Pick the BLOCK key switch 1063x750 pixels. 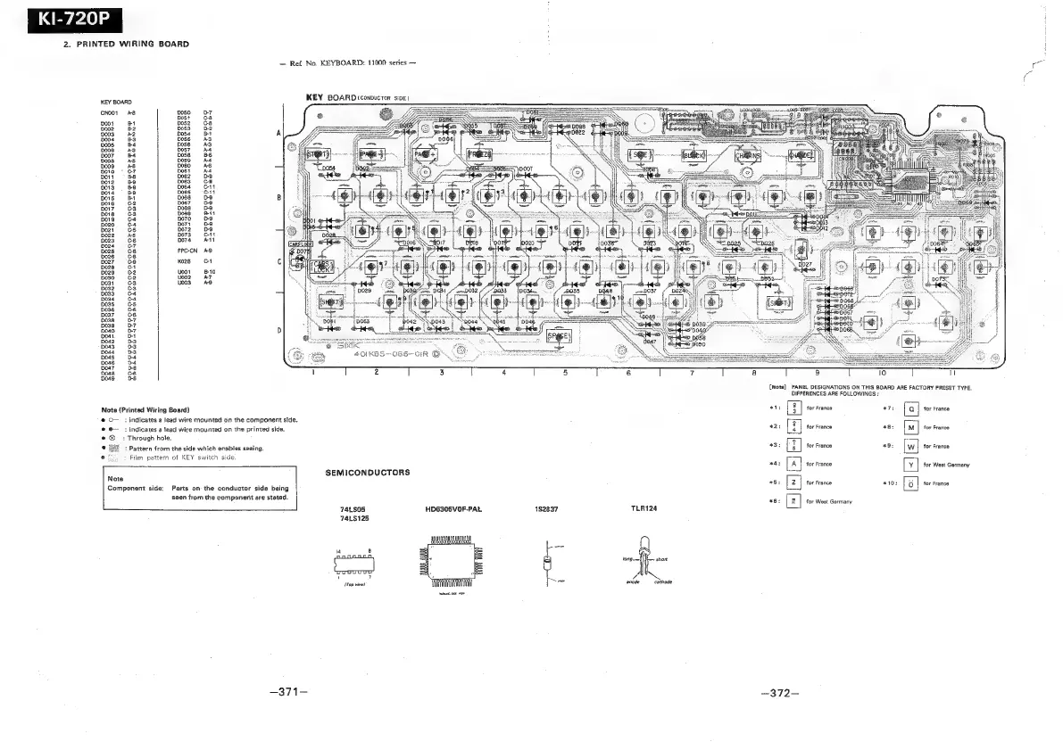point(693,154)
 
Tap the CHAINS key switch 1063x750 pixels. point(747,154)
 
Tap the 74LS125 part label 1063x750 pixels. point(355,517)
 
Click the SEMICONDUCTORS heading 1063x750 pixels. point(366,472)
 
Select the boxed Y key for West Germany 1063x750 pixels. point(909,465)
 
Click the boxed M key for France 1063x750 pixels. point(909,427)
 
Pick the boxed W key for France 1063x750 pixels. point(909,446)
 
